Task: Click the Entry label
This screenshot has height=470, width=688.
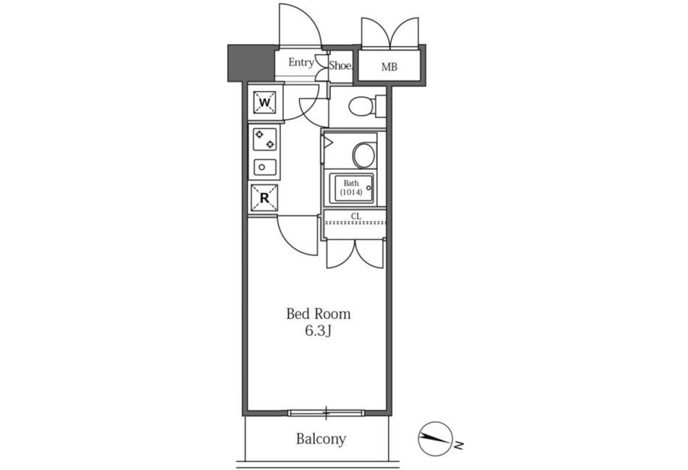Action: tap(301, 62)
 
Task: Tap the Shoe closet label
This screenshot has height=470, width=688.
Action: tap(341, 65)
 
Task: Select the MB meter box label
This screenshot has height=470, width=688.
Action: tap(389, 66)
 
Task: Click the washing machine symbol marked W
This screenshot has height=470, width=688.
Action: tap(264, 102)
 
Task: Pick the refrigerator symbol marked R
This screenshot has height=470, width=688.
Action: tap(264, 198)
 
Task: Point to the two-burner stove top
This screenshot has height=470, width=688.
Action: tap(264, 139)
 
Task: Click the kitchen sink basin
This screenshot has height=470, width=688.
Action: tap(265, 167)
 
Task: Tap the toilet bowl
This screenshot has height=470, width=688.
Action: tap(361, 107)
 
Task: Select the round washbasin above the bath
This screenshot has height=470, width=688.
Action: tap(364, 155)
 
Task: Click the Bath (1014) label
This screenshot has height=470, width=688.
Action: tap(351, 187)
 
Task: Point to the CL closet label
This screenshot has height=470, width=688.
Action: tap(356, 216)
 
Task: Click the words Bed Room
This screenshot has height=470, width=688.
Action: tap(318, 314)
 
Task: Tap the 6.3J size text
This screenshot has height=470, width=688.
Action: tap(318, 331)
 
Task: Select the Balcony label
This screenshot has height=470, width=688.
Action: tap(321, 439)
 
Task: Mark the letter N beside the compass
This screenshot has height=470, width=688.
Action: tap(459, 445)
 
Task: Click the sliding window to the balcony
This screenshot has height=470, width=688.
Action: tap(326, 413)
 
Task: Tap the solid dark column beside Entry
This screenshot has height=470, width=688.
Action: tap(251, 63)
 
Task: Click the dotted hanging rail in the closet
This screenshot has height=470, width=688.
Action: tap(355, 222)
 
